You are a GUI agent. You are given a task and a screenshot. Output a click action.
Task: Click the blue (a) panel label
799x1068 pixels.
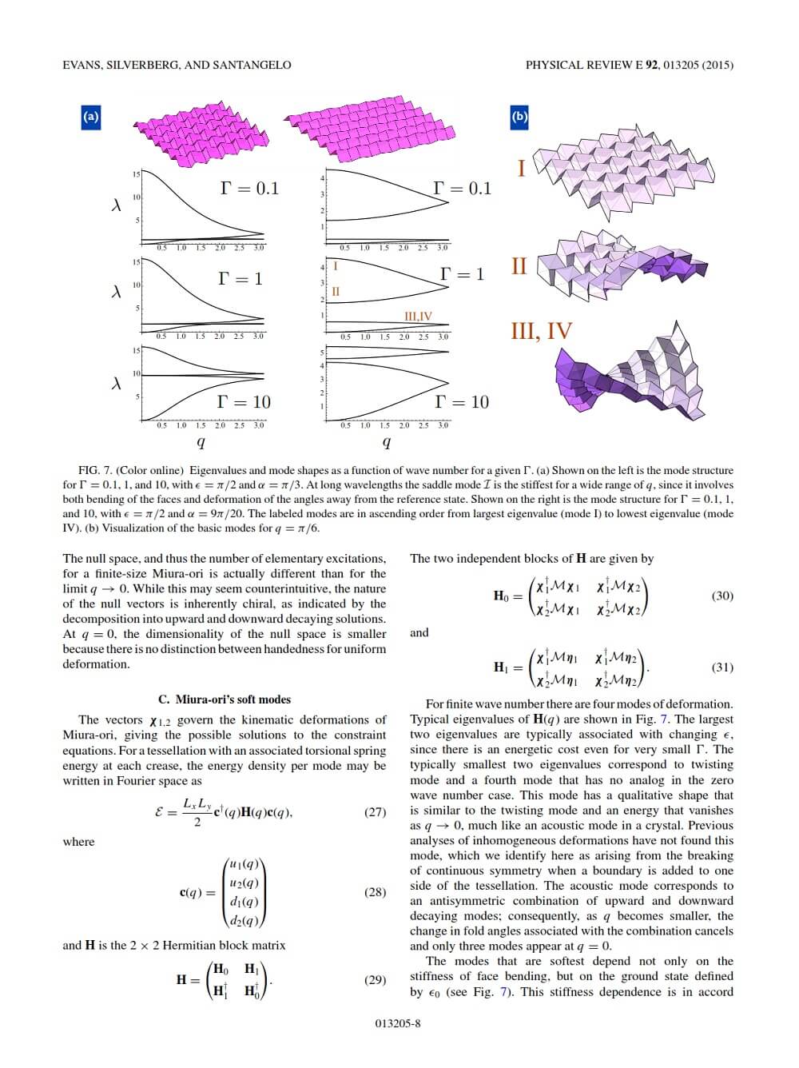click(x=90, y=117)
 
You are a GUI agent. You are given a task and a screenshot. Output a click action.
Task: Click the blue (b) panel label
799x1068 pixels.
click(x=519, y=117)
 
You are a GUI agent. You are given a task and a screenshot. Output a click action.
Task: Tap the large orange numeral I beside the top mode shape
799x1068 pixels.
click(x=521, y=169)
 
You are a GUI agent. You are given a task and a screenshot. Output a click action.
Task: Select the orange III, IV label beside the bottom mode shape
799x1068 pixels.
click(x=541, y=331)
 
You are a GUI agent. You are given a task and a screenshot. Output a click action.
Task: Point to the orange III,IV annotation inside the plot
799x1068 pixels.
click(x=418, y=317)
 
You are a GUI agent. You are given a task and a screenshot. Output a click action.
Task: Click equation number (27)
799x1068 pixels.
click(x=375, y=812)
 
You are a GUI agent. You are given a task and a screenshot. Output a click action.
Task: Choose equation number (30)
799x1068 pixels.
click(x=721, y=596)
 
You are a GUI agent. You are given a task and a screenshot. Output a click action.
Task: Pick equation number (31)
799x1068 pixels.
click(x=721, y=667)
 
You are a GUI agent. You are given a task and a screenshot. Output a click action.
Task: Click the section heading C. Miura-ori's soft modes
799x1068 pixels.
click(x=225, y=699)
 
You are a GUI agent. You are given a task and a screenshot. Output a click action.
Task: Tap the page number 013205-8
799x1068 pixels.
click(x=397, y=1023)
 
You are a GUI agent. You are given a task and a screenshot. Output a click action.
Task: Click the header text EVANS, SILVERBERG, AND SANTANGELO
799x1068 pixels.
click(x=177, y=65)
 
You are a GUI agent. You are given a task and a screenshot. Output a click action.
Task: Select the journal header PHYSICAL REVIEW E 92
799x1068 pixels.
click(x=591, y=65)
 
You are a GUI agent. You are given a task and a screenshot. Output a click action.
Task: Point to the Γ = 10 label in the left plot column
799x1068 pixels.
click(x=244, y=401)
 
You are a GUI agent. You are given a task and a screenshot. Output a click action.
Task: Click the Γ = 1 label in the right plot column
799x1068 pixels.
click(x=462, y=274)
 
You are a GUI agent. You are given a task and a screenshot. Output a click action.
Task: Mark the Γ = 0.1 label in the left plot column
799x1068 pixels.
click(x=249, y=189)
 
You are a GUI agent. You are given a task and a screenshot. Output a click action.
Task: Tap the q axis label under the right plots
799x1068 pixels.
click(x=387, y=441)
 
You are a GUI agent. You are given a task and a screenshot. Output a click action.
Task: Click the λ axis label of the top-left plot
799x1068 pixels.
click(x=117, y=205)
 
